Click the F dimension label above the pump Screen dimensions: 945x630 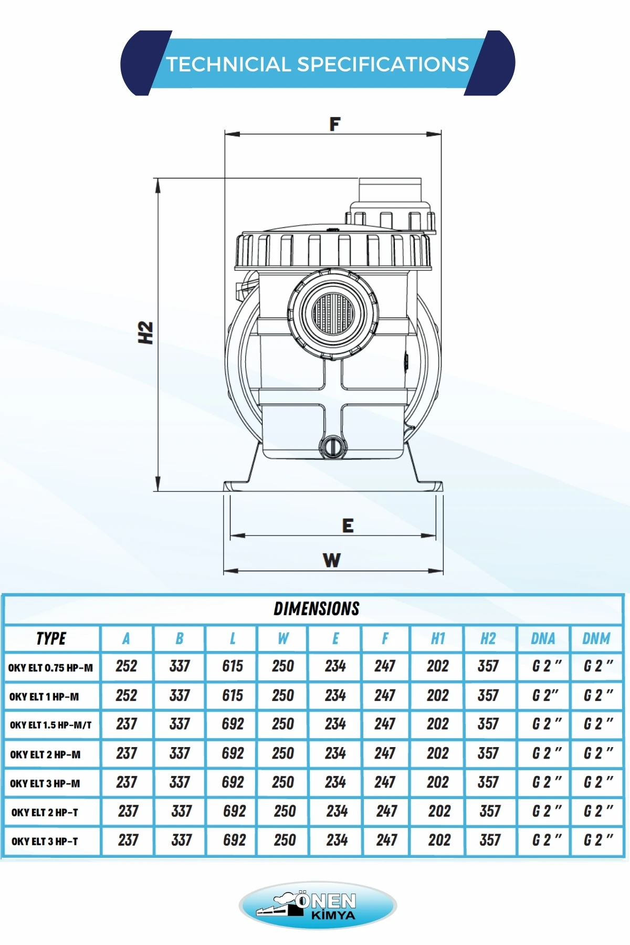click(334, 124)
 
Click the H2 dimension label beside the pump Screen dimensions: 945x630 click(145, 333)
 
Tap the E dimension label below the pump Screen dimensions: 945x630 click(348, 526)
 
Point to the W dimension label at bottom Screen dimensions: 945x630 click(331, 560)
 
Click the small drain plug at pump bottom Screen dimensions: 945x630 click(332, 446)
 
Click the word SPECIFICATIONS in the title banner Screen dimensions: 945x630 click(383, 64)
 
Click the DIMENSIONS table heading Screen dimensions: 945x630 click(316, 608)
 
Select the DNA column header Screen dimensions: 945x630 click(543, 638)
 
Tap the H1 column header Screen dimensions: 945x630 click(437, 638)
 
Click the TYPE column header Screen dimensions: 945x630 click(51, 638)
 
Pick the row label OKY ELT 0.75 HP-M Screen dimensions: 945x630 click(50, 668)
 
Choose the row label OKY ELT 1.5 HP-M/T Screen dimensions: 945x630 click(50, 725)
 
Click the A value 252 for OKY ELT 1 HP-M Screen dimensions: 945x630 click(127, 696)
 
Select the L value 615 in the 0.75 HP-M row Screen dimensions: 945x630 click(232, 666)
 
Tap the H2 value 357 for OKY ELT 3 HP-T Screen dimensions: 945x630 click(490, 840)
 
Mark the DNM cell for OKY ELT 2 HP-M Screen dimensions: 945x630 click(598, 753)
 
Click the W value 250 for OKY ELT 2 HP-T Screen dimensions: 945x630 click(285, 811)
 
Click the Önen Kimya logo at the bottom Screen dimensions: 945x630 click(318, 906)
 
